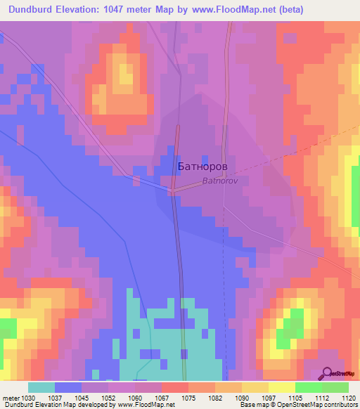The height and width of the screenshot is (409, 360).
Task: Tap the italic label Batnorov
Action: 221,181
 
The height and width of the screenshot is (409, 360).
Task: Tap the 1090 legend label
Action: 241,397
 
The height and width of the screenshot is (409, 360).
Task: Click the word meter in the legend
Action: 10,397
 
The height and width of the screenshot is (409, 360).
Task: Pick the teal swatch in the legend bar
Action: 41,387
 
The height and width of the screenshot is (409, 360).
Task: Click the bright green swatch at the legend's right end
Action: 335,387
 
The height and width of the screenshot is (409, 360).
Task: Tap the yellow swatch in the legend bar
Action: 282,387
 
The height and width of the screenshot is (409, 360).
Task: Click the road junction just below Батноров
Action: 172,190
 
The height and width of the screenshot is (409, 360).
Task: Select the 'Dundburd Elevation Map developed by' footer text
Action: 53,405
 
